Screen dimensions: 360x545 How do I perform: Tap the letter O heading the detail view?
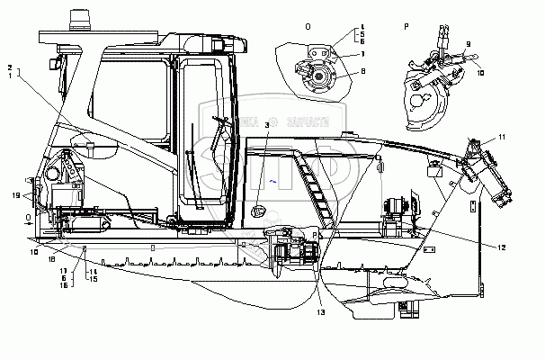click(308, 26)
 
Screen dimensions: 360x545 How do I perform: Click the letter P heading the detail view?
click(407, 26)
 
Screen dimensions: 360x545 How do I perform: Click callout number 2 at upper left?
click(10, 67)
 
